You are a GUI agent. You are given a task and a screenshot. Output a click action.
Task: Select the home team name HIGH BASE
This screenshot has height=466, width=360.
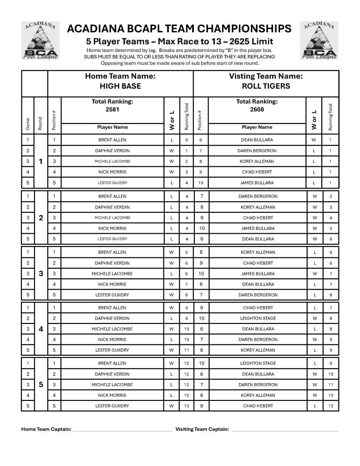(x=120, y=86)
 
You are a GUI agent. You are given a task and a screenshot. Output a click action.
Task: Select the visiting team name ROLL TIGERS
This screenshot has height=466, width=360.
(x=266, y=86)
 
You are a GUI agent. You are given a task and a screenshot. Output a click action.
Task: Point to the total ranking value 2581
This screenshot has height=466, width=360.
(x=112, y=109)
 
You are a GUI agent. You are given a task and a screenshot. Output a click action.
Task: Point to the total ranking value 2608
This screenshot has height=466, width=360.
(x=257, y=109)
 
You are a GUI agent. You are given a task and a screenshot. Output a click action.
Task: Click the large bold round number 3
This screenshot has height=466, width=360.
(x=41, y=274)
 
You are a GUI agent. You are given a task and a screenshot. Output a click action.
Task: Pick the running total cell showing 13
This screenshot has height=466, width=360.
(x=187, y=406)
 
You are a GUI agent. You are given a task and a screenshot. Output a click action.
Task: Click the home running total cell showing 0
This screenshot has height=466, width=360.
(x=187, y=140)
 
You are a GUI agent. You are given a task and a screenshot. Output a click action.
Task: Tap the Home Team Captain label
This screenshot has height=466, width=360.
(x=46, y=429)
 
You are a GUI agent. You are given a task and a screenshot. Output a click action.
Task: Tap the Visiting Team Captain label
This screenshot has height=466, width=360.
(x=202, y=429)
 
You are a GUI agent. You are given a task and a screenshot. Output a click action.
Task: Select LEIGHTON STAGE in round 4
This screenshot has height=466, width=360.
(x=258, y=318)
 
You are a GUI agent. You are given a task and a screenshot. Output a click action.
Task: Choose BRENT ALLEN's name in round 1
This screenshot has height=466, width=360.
(x=112, y=140)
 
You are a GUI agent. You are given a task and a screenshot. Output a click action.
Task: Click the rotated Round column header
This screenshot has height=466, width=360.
(x=41, y=123)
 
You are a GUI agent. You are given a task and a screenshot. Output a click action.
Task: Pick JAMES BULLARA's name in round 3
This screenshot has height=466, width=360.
(x=258, y=274)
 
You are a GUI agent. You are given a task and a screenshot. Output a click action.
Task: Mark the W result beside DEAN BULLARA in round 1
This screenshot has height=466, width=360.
(x=314, y=140)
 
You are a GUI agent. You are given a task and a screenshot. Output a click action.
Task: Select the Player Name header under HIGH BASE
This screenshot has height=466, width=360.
(x=112, y=128)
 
